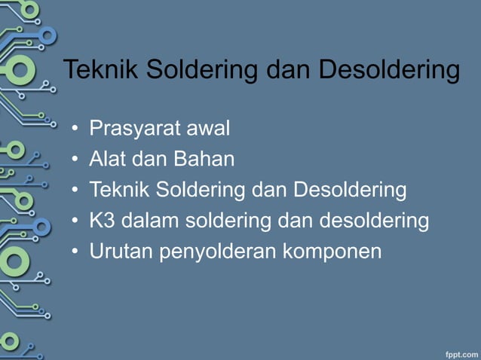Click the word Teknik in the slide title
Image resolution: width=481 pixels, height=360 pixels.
pos(101,70)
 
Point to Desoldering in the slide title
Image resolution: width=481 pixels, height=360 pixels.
pos(389,70)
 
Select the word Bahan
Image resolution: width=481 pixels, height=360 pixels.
pos(205,160)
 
